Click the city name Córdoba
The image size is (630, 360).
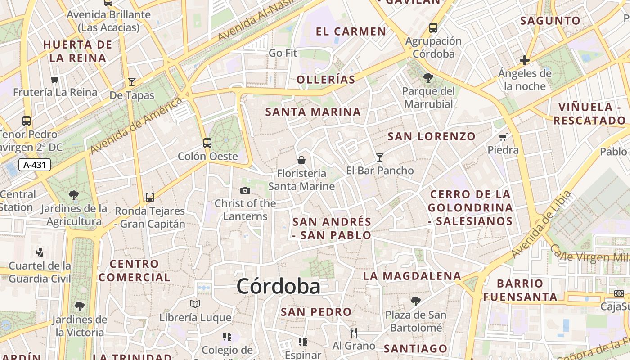coord(278,286)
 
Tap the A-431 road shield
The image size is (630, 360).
coord(35,165)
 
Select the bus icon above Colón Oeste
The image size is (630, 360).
coord(207,143)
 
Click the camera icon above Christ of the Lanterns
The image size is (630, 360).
coord(245,190)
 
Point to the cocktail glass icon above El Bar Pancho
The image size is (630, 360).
coord(380,157)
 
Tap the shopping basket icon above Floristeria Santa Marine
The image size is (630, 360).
coord(301,160)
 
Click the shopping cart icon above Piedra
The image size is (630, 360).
coord(503,136)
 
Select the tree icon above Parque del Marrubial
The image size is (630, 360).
coord(428,78)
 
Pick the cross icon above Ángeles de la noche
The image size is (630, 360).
coord(524,60)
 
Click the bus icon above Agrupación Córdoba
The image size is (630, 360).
coord(433,27)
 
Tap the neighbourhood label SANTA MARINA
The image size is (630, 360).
coord(313,112)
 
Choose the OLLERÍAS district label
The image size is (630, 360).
coord(326,80)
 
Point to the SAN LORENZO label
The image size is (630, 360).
coord(432,136)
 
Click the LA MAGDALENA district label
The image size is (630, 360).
coord(412,276)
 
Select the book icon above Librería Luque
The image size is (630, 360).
coord(195,304)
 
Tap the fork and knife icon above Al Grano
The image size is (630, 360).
coord(354,332)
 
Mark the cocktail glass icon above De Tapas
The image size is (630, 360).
coord(132,81)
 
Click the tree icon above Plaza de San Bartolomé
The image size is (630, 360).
coord(415,301)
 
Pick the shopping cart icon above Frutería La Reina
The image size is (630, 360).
coord(55,79)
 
